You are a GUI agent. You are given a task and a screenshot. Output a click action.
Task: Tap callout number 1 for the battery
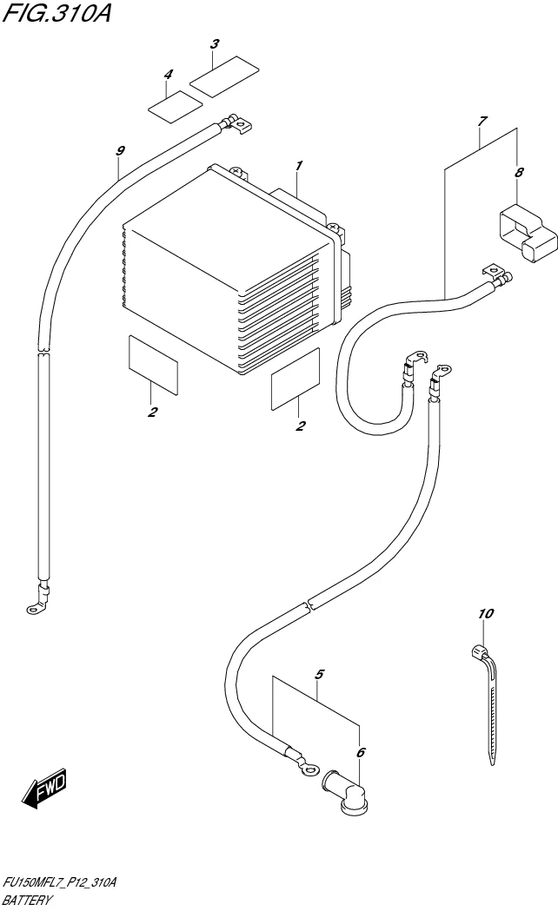[x=298, y=165]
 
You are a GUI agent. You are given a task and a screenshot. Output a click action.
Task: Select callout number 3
[x=215, y=43]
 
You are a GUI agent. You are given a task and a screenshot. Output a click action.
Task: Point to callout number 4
[x=168, y=76]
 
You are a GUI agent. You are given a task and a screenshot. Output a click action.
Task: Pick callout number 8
[x=519, y=172]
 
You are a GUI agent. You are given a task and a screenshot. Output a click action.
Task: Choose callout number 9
[x=120, y=150]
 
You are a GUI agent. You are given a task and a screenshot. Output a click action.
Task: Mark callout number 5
[x=320, y=674]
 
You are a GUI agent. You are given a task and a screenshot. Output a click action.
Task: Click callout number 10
[x=485, y=614]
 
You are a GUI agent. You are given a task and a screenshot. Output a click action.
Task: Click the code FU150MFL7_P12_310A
[x=59, y=882]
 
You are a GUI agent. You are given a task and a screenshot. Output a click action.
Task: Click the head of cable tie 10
[x=479, y=650]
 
